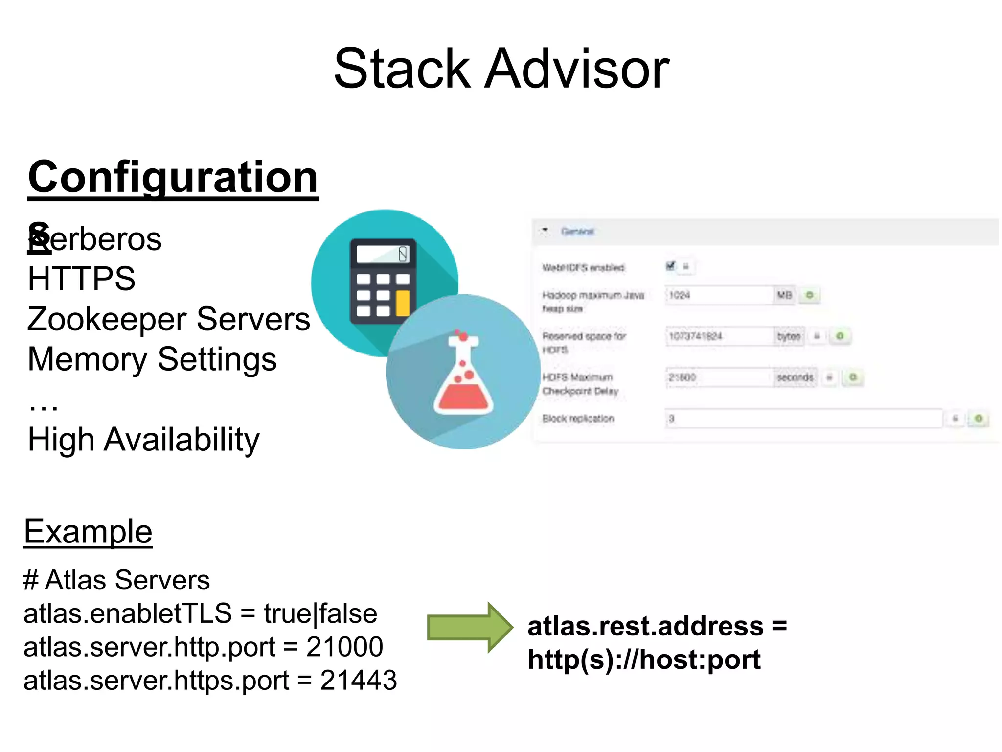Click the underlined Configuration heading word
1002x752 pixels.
tap(173, 177)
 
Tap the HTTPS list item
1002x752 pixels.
tap(81, 279)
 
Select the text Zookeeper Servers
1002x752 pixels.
tap(168, 319)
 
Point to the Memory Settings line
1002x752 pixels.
tap(152, 359)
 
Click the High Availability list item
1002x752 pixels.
tap(143, 440)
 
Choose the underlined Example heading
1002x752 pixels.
tap(88, 532)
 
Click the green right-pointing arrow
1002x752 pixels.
tap(470, 627)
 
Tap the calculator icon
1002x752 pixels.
tap(383, 281)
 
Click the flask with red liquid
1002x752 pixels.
tap(463, 373)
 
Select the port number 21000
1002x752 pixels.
tap(344, 647)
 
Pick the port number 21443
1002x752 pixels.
tap(358, 681)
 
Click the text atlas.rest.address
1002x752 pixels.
tap(645, 626)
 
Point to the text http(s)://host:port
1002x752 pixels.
tap(644, 659)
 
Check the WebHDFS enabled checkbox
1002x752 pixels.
tap(670, 266)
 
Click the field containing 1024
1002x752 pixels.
tap(718, 295)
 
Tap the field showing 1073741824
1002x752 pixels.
tap(718, 336)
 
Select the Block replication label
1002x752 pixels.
tap(578, 419)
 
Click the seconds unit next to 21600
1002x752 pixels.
tap(795, 377)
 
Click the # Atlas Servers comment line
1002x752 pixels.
tap(116, 580)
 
